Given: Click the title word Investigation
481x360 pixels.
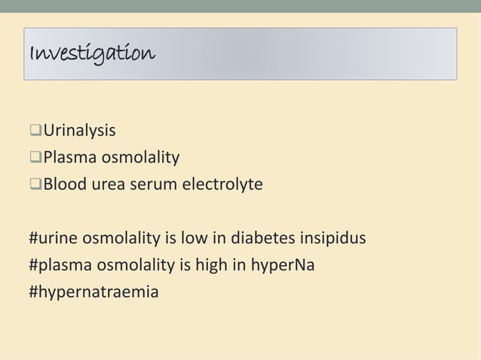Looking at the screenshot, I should (x=90, y=53).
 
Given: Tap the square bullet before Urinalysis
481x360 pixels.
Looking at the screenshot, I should (x=35, y=133).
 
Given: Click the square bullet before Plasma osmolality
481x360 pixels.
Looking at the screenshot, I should (x=35, y=157).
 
